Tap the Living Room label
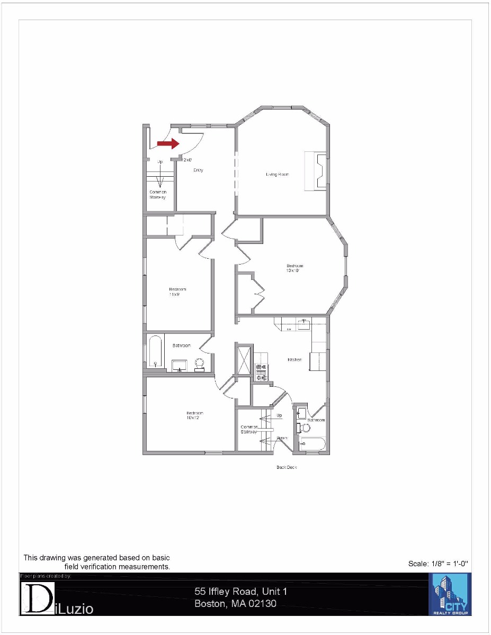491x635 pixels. click(x=277, y=174)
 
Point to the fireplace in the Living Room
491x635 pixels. click(x=316, y=170)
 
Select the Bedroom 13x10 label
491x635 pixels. click(x=295, y=268)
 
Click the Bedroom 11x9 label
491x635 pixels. click(x=177, y=292)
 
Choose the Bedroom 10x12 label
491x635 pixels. click(x=194, y=415)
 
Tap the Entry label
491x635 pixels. click(x=198, y=170)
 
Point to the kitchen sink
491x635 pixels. click(x=303, y=324)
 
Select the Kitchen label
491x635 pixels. click(x=294, y=360)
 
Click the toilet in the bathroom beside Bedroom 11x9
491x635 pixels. click(x=200, y=364)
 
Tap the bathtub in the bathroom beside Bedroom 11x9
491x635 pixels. click(x=155, y=351)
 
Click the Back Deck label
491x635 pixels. click(x=287, y=467)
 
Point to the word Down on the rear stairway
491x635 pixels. click(x=282, y=438)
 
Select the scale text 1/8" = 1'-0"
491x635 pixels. click(x=438, y=564)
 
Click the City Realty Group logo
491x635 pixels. click(x=450, y=594)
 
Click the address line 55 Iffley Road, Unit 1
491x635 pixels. click(x=240, y=591)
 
